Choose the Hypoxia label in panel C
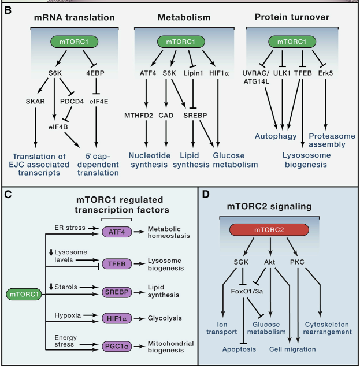tap(63, 317)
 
